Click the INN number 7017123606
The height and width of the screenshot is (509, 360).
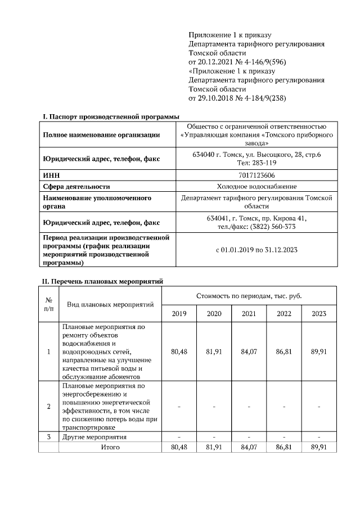tap(256, 175)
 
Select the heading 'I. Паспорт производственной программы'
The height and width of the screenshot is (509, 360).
tap(107, 116)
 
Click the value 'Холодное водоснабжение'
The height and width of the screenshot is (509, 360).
tap(256, 186)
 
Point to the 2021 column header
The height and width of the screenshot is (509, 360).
tap(249, 313)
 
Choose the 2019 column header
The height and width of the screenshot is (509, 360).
tap(179, 313)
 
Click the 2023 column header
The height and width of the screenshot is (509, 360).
tap(318, 313)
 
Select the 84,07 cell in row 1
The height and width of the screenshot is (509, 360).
tap(249, 352)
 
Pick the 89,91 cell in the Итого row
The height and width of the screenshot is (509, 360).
tap(318, 447)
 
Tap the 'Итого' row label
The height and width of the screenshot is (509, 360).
tap(110, 447)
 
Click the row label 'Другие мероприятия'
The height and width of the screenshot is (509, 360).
tap(94, 436)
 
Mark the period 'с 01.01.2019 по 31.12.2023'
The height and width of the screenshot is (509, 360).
tap(256, 249)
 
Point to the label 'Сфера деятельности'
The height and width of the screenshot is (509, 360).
tap(76, 186)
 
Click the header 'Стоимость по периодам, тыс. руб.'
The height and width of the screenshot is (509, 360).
tap(249, 295)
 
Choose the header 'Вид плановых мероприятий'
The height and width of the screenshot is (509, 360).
tap(110, 304)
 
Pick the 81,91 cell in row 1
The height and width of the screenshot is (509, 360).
tap(214, 352)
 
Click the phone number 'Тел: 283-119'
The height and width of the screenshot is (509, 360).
tap(256, 163)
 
